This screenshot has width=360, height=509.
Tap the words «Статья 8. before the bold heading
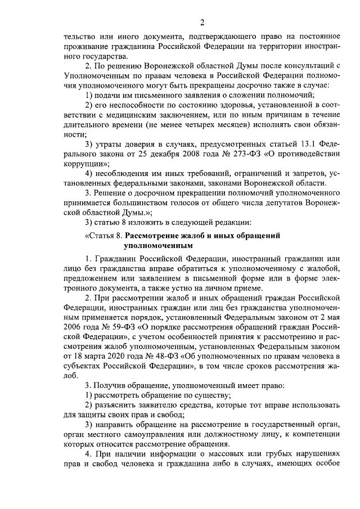coord(102,236)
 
